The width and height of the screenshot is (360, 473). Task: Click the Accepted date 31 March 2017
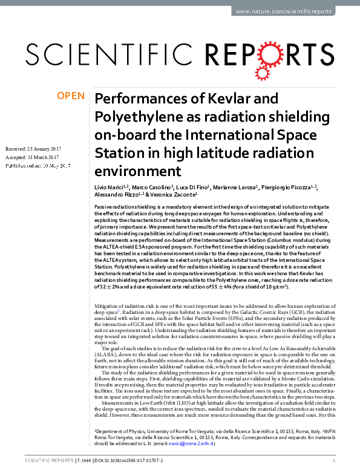tap(47, 157)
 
